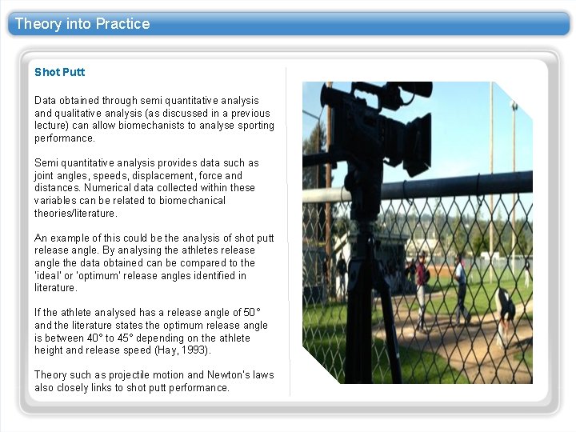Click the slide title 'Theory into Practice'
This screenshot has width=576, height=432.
click(82, 24)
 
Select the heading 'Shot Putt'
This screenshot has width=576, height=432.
click(59, 72)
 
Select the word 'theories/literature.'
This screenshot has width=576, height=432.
click(75, 214)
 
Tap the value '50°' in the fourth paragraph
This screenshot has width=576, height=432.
click(253, 313)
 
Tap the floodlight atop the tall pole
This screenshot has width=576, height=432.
click(514, 106)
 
